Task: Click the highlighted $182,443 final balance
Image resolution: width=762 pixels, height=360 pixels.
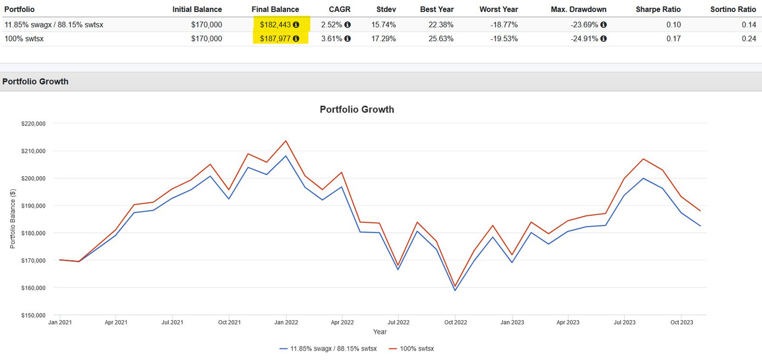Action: pyautogui.click(x=276, y=24)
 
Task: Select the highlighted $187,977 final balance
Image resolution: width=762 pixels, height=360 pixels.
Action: pyautogui.click(x=276, y=39)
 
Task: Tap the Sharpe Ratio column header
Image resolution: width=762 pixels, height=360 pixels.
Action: pyautogui.click(x=658, y=10)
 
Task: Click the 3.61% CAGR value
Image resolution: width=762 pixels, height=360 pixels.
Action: pyautogui.click(x=336, y=39)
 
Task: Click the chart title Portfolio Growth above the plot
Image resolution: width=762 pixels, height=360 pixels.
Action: pyautogui.click(x=357, y=109)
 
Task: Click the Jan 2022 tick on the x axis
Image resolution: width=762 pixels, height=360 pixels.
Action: pyautogui.click(x=286, y=323)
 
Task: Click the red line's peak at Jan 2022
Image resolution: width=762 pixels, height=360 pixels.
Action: pyautogui.click(x=286, y=141)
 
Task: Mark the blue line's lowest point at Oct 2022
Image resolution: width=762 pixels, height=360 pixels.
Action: pyautogui.click(x=455, y=290)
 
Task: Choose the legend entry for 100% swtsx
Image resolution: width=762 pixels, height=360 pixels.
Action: pyautogui.click(x=412, y=348)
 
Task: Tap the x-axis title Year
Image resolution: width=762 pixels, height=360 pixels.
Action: pyautogui.click(x=380, y=332)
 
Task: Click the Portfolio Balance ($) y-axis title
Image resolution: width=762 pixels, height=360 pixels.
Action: pyautogui.click(x=13, y=219)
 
